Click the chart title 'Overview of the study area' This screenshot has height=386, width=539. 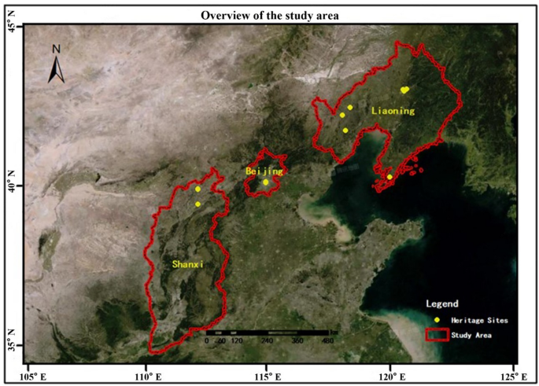[269, 15]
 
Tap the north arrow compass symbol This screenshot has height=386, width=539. [57, 65]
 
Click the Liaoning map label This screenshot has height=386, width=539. [393, 111]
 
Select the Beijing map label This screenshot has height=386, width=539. [260, 171]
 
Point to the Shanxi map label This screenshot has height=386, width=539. [187, 264]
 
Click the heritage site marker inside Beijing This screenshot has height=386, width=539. [266, 182]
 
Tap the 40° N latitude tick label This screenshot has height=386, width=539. [12, 186]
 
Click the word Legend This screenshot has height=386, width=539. [441, 303]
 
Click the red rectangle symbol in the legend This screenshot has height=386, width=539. [437, 335]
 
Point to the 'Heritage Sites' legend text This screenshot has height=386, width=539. [479, 321]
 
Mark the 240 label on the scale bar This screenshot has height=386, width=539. [265, 340]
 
